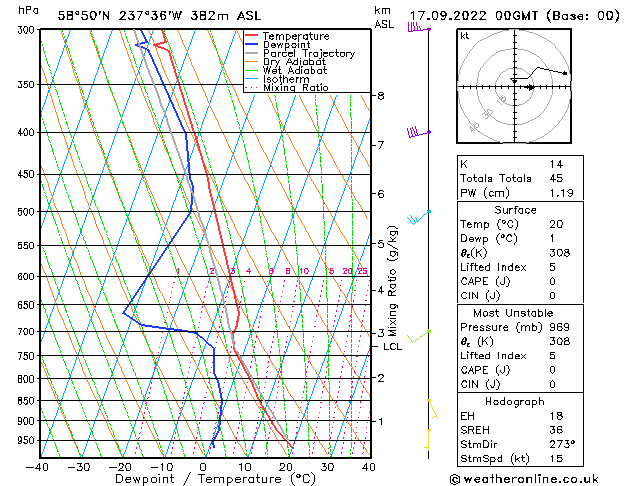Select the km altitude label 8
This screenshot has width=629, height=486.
(x=380, y=96)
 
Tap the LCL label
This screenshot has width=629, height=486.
(x=393, y=347)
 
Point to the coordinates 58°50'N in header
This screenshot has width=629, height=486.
(x=84, y=15)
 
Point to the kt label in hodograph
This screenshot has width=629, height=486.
(x=464, y=35)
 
